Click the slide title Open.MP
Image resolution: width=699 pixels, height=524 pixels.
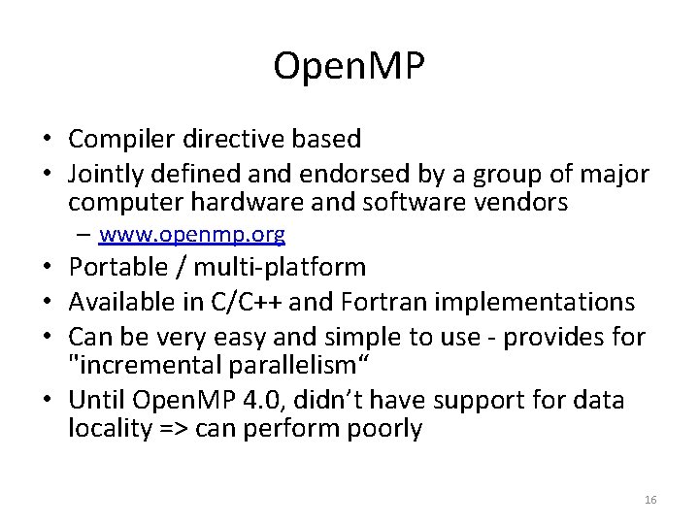point(349,67)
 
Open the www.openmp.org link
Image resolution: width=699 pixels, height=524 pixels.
point(191,234)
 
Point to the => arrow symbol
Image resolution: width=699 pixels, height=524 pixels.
point(177,429)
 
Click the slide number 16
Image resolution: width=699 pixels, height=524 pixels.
point(650,499)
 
